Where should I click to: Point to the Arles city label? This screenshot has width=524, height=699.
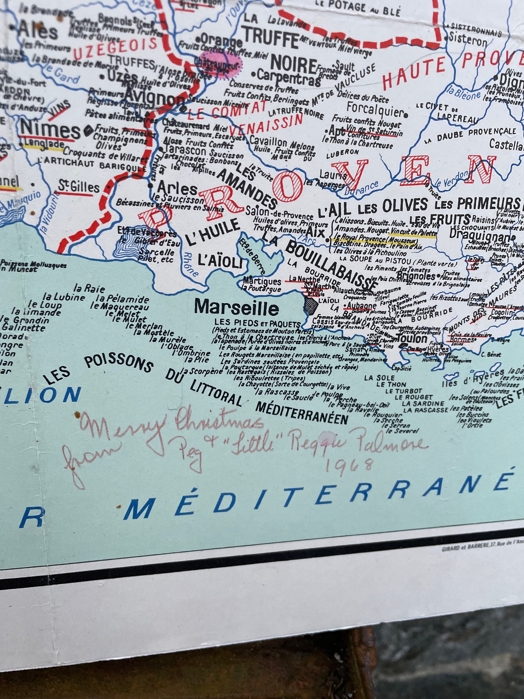[x=177, y=189]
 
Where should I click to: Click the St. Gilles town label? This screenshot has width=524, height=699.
[x=79, y=188]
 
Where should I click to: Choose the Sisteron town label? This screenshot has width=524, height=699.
[x=469, y=41]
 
